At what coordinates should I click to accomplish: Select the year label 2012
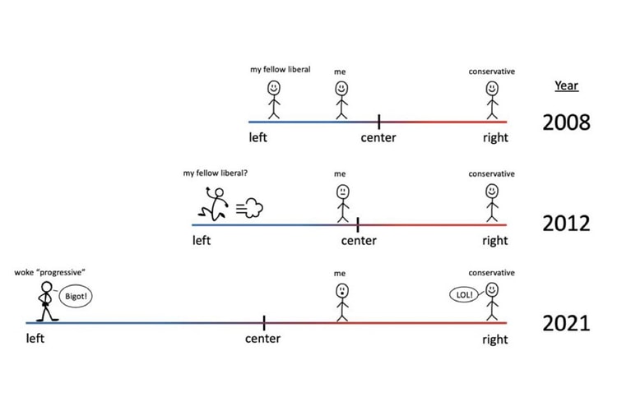(566, 224)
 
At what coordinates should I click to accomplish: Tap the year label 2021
(566, 323)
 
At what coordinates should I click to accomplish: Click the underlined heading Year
(566, 85)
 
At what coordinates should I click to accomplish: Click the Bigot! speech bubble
(72, 295)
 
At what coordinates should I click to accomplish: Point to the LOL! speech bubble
(462, 293)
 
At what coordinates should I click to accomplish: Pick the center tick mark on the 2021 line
(264, 322)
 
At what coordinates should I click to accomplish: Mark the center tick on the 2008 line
(378, 122)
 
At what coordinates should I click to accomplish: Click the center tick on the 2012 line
(358, 224)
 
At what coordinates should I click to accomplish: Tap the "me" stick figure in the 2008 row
(342, 99)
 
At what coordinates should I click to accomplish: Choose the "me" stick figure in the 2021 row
(342, 301)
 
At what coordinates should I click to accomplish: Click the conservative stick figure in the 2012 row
(492, 201)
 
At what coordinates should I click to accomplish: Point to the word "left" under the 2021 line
(35, 339)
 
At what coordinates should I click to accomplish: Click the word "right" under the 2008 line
(495, 137)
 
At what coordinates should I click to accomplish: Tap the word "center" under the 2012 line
(359, 241)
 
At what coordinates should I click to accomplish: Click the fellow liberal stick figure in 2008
(274, 99)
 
